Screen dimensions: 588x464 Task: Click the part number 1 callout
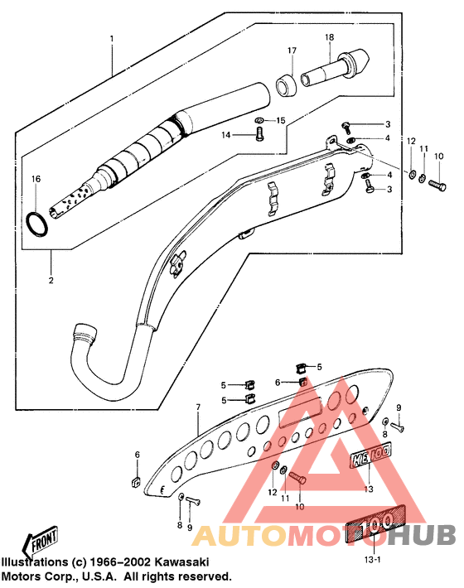[112, 38]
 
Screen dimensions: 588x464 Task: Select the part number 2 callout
[51, 281]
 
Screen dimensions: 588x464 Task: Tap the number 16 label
[36, 179]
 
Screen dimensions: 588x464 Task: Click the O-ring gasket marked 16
[36, 223]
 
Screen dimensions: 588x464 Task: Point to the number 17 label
[292, 51]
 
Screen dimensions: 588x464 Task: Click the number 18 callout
[329, 38]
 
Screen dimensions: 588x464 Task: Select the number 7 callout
[198, 407]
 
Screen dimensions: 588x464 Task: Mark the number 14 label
[225, 134]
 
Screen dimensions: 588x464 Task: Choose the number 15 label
[280, 121]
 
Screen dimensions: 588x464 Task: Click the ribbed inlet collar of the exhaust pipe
[87, 334]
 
